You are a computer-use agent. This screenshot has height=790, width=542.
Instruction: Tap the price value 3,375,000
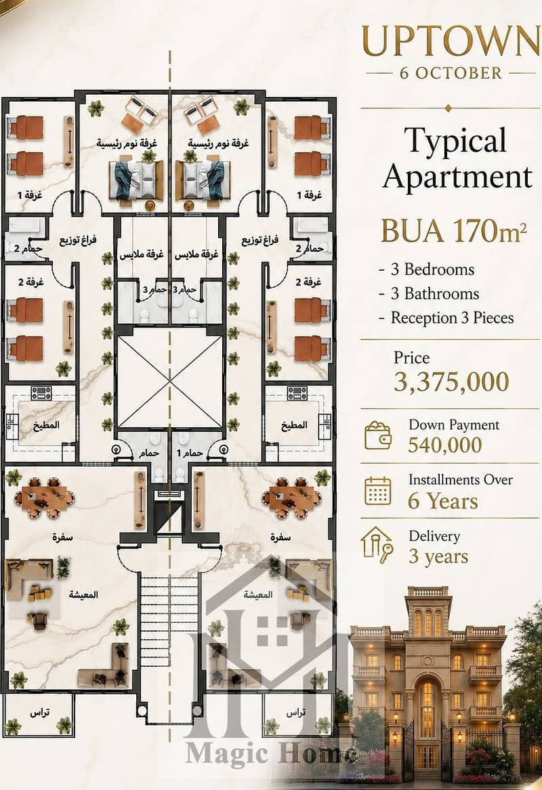[x=451, y=382]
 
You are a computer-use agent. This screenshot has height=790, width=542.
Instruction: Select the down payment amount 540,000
[x=444, y=445]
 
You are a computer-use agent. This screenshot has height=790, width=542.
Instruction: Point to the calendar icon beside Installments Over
[x=377, y=491]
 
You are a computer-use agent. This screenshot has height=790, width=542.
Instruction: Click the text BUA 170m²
[x=454, y=232]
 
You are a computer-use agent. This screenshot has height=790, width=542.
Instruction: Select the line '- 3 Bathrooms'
[x=429, y=294]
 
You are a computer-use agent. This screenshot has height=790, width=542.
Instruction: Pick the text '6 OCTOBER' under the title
[x=451, y=73]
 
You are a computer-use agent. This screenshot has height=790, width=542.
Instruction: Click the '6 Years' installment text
[x=443, y=502]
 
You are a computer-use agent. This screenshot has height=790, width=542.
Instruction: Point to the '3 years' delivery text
[x=438, y=556]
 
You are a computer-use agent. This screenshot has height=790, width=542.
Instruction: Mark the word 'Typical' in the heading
[x=455, y=141]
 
